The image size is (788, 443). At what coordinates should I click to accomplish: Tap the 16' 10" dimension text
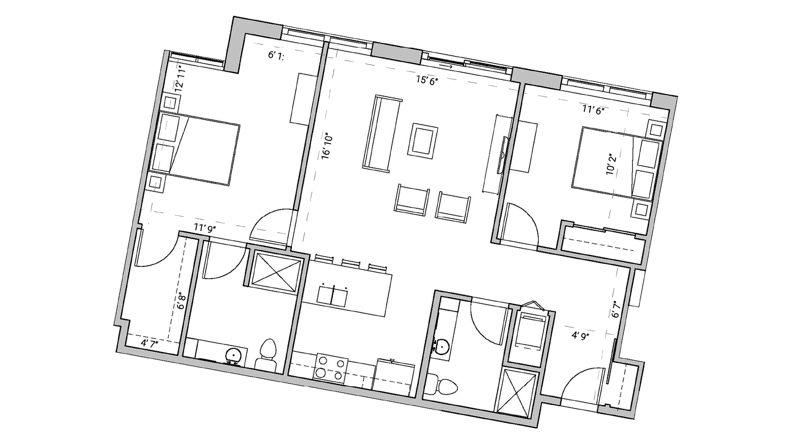point(327,146)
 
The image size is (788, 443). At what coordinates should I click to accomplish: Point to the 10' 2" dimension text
point(610,164)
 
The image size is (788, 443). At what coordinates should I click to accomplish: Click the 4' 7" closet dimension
point(150,343)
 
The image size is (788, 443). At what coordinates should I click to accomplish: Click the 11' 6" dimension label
point(593,111)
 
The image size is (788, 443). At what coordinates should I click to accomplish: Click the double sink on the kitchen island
point(332,296)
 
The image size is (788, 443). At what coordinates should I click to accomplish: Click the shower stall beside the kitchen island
point(276,271)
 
